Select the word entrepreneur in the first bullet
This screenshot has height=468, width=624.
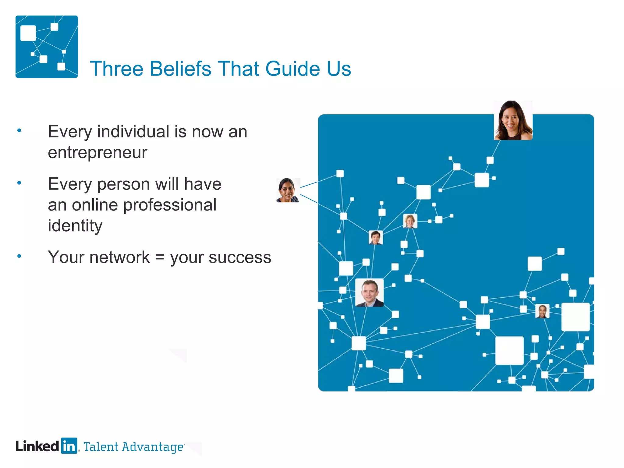[97, 153]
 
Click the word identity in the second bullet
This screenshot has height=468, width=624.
[75, 226]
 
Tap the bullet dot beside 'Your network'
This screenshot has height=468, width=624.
[19, 256]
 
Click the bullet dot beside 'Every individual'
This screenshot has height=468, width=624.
[19, 131]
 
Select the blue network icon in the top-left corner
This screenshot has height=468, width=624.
[47, 47]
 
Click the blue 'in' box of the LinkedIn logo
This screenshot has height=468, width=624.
[69, 446]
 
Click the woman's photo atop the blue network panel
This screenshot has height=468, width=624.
[513, 120]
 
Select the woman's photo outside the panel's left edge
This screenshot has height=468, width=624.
[288, 190]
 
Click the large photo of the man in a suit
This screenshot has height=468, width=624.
[369, 292]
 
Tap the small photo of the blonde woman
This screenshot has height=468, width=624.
[410, 221]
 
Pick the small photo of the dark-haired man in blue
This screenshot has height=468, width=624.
[376, 237]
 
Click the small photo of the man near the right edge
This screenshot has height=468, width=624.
[542, 311]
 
